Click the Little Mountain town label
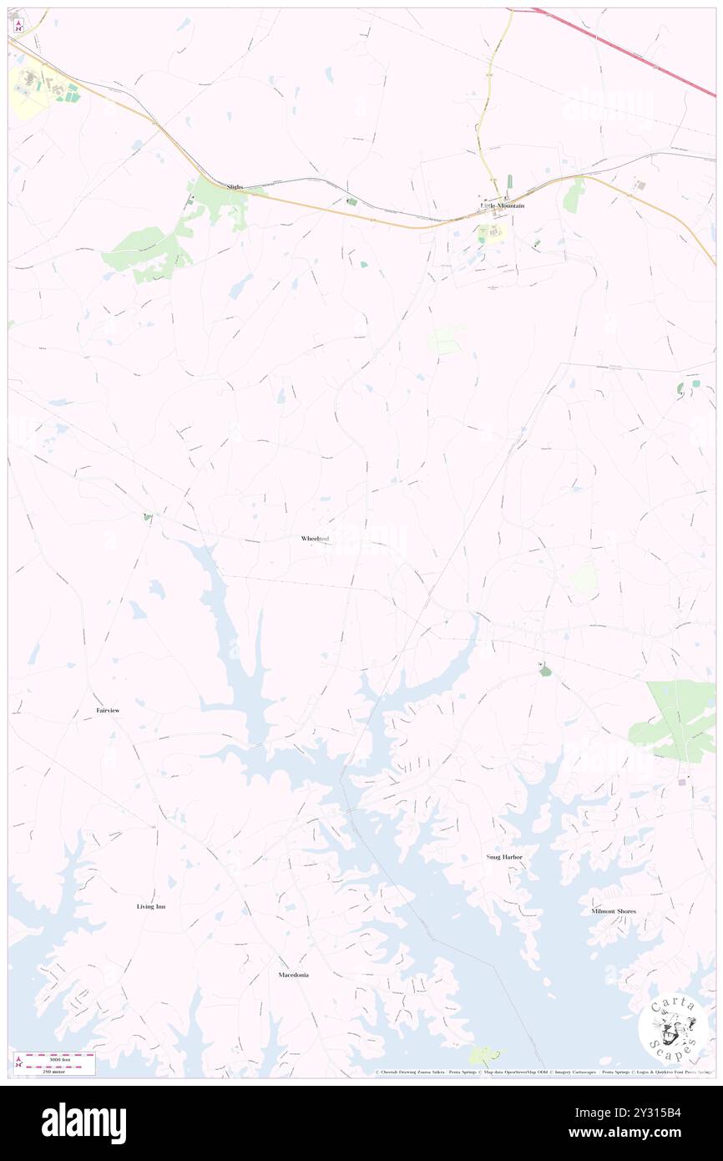[502, 205]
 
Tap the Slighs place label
[235, 187]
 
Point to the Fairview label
[108, 710]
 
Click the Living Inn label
[151, 906]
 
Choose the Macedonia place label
[294, 975]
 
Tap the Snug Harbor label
[504, 857]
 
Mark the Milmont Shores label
[614, 911]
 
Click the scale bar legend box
[54, 1063]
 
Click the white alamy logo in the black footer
[83, 1123]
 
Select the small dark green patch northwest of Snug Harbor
[545, 670]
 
